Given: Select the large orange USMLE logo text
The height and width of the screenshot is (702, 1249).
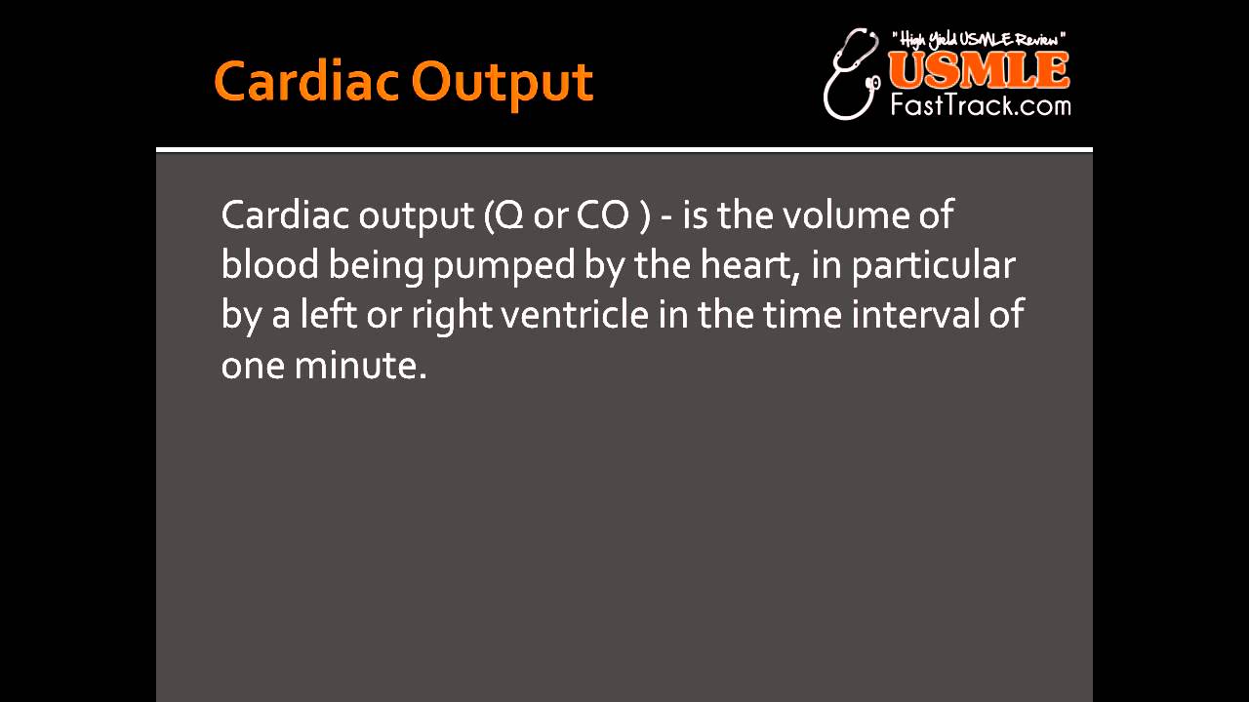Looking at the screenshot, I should point(979,70).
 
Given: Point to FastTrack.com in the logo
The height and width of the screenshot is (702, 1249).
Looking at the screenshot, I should point(980,104).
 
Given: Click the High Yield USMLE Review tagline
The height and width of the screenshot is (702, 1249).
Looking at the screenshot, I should point(979,39).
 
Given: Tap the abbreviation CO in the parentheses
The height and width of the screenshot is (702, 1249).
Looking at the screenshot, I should point(602,215).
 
